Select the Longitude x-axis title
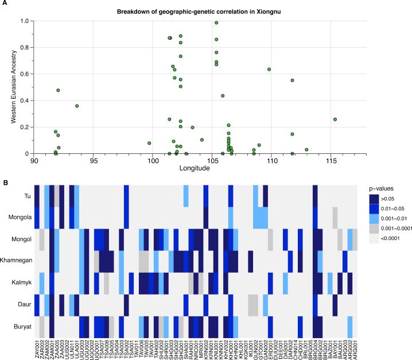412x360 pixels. tap(195, 169)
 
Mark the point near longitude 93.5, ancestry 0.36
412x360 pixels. tap(76, 106)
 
